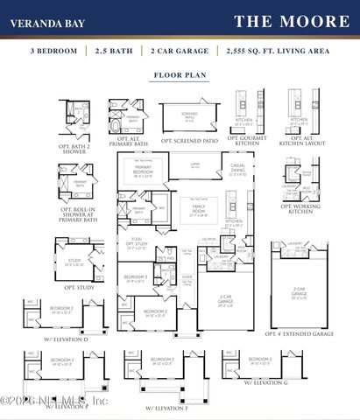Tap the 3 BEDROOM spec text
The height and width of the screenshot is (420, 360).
click(x=54, y=52)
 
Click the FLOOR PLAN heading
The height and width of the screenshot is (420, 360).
click(x=180, y=75)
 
